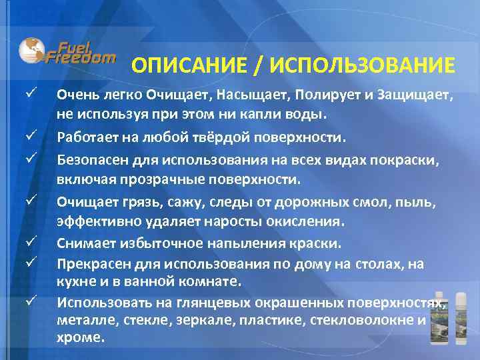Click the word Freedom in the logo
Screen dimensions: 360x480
pos(81,57)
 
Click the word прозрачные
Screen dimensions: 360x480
pos(149,179)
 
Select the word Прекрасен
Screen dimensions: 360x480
pos(90,263)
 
